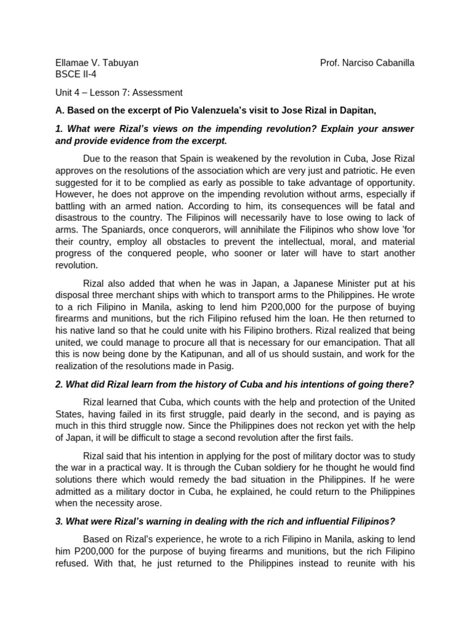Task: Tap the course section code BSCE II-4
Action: [75, 74]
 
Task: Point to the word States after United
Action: [71, 413]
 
